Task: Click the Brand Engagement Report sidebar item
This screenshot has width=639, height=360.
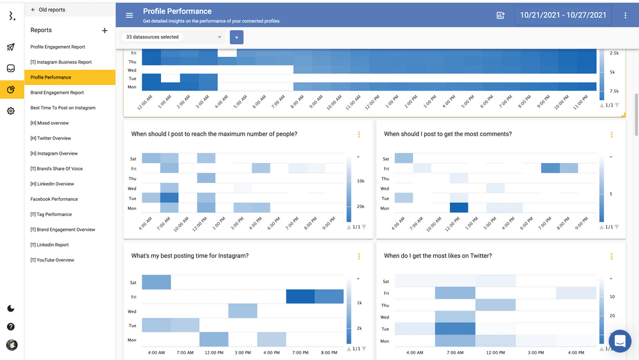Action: [x=57, y=93]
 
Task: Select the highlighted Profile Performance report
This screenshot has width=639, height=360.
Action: [x=51, y=77]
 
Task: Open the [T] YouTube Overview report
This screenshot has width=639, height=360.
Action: [x=52, y=260]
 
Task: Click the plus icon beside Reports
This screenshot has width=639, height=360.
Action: [x=105, y=30]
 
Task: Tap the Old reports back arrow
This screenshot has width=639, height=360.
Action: [x=33, y=10]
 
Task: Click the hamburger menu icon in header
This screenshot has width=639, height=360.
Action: [x=130, y=15]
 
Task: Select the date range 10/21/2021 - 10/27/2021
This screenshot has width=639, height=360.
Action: [x=563, y=15]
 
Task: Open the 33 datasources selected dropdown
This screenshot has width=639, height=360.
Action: [x=174, y=37]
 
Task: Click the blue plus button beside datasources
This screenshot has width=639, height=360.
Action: [x=236, y=38]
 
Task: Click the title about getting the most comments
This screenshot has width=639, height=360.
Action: [x=447, y=134]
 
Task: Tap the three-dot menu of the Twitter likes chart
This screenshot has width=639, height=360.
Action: [x=612, y=256]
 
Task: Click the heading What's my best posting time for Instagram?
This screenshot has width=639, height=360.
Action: [x=190, y=256]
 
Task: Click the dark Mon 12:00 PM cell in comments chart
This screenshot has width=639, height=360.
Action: [x=459, y=208]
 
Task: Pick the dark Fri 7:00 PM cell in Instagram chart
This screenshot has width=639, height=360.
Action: [x=300, y=297]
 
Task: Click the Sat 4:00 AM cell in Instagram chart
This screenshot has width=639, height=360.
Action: [x=157, y=282]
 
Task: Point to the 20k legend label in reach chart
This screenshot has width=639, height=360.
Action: [x=361, y=207]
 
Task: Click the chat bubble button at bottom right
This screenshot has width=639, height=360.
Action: [x=619, y=341]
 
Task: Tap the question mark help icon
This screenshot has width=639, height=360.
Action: [x=11, y=327]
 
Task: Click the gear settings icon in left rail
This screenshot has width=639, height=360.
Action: [x=11, y=111]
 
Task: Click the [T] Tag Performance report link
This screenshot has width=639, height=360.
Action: [x=51, y=214]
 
